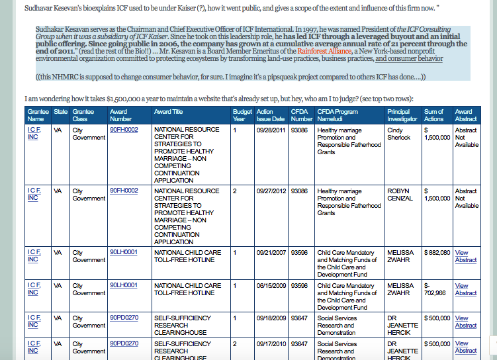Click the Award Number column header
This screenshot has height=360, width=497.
pos(119,115)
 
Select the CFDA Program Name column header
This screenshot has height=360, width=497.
pos(338,115)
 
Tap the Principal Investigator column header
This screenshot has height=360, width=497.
pos(402,115)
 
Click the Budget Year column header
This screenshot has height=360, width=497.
pos(242,115)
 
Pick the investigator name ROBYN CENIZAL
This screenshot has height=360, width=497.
pos(400,194)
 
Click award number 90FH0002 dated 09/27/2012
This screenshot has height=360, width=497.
pos(124,191)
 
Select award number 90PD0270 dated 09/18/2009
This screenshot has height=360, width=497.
pos(124,318)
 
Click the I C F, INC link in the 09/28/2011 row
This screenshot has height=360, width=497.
pos(34,134)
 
